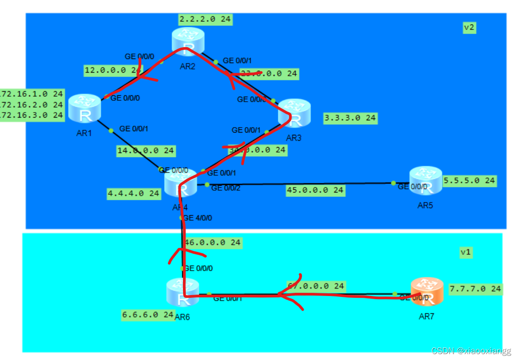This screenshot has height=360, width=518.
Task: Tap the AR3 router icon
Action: click(294, 114)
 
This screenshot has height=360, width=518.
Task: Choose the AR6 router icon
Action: click(183, 293)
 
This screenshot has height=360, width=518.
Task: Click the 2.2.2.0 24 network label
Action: click(204, 19)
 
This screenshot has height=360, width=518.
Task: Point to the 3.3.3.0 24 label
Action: click(350, 118)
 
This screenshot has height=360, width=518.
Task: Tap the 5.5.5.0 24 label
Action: click(469, 180)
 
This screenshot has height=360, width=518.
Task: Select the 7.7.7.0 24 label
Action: click(475, 288)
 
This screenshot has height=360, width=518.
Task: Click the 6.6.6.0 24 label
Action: click(148, 315)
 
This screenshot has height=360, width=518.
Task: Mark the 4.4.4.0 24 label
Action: click(134, 193)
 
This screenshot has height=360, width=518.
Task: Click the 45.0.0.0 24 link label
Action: click(315, 190)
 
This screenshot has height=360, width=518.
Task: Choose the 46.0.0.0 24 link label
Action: click(213, 243)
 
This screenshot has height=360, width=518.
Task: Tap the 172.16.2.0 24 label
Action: click(32, 105)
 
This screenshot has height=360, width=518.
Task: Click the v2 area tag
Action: click(469, 27)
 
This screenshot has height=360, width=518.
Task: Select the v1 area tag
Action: click(466, 252)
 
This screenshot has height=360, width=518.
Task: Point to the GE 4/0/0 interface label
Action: click(197, 218)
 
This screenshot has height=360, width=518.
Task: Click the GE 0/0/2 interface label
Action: click(226, 188)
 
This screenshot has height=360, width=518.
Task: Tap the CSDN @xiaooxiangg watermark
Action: click(471, 351)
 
